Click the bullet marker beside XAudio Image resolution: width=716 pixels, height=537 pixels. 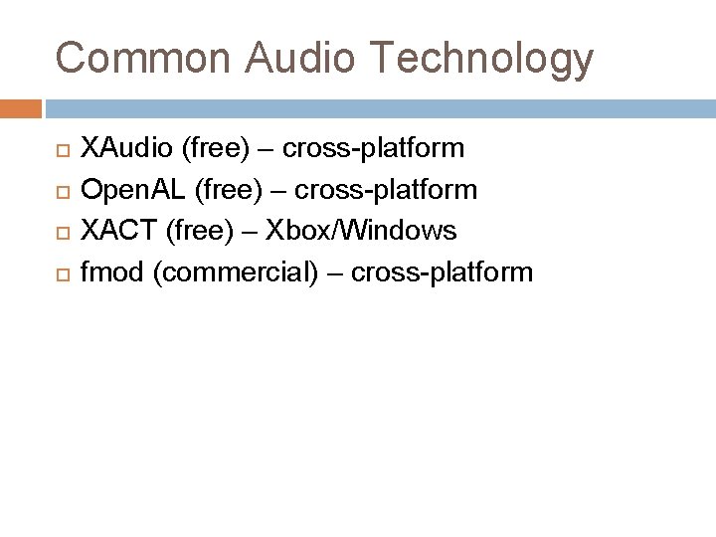59,150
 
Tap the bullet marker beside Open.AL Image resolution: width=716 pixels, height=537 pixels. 59,191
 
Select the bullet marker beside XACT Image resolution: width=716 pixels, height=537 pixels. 59,232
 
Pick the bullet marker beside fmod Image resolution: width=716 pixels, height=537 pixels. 59,272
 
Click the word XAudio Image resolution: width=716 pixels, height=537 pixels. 126,149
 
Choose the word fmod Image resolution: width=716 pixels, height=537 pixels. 113,271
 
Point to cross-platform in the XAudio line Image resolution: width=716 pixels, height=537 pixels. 373,149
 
